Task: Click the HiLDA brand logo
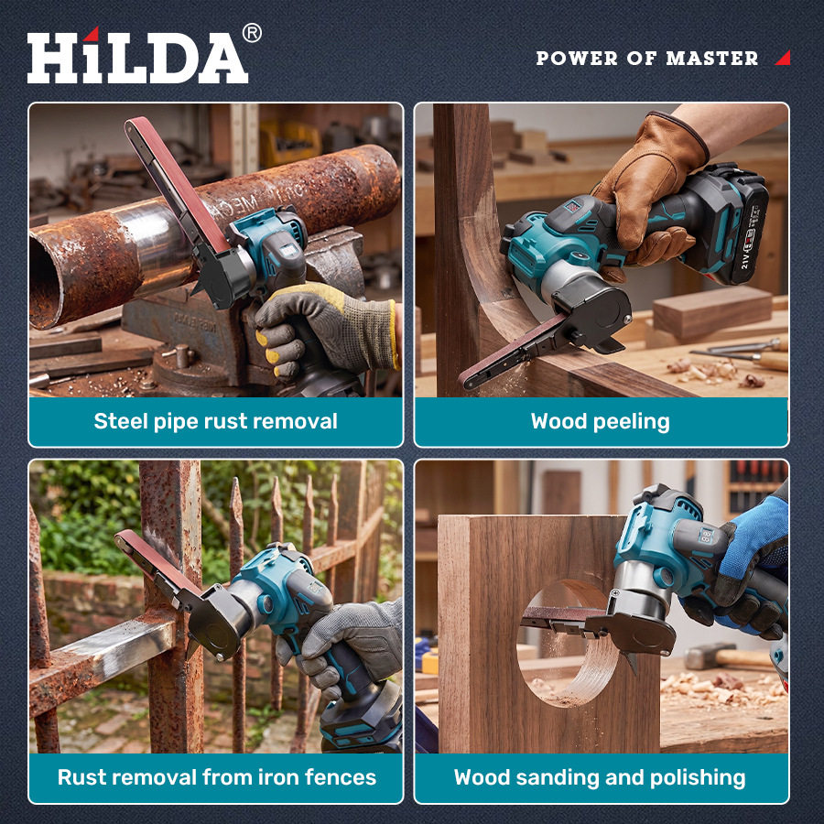point(137,56)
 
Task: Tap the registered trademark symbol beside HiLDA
point(252,33)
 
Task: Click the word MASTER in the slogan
point(712,58)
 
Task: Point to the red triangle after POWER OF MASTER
point(783,58)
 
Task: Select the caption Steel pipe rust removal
point(215,421)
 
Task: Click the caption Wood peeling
point(600,421)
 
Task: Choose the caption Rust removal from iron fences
point(216,777)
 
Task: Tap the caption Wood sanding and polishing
point(600,777)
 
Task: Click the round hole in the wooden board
point(568,644)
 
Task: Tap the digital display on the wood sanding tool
point(707,536)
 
